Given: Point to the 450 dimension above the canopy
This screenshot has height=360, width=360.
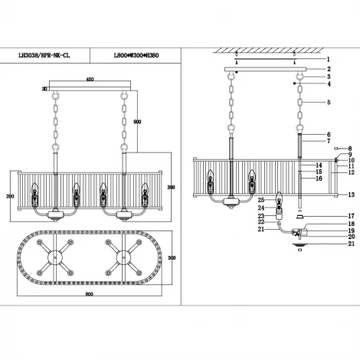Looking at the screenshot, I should click(90, 79).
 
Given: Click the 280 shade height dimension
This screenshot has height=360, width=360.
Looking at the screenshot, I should click(10, 196).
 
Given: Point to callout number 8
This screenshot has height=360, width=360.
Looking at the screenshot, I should click(349, 149).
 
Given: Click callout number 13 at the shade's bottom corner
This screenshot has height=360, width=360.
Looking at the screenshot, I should click(350, 196).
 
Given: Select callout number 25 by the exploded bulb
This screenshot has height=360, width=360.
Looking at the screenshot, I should click(260, 201).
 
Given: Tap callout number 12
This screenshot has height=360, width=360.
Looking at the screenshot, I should click(350, 172).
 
